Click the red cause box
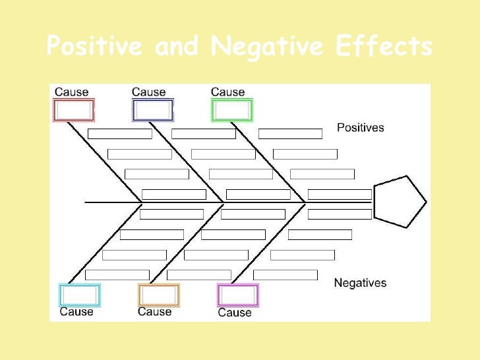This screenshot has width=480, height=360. [x=73, y=110]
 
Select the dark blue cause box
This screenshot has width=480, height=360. [x=152, y=110]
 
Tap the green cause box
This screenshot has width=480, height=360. [x=231, y=110]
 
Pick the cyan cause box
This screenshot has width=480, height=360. [x=79, y=295]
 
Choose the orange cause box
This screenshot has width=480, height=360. [x=158, y=295]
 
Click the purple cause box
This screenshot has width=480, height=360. [x=237, y=295]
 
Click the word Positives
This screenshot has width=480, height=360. [x=360, y=128]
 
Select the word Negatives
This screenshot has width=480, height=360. [x=360, y=283]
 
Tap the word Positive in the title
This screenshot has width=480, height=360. [x=96, y=47]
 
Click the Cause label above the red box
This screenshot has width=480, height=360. [x=71, y=92]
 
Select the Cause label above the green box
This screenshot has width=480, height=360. [x=227, y=92]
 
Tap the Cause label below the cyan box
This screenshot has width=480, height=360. [x=76, y=311]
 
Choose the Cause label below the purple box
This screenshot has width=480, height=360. [x=235, y=313]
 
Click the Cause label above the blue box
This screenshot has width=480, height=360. [x=148, y=92]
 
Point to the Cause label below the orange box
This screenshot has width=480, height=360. [x=155, y=311]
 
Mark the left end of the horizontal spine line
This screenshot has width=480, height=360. [x=86, y=202]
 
